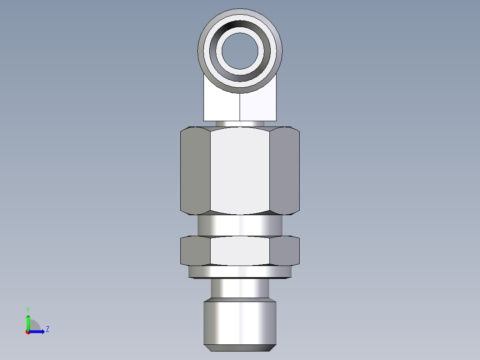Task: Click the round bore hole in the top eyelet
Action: point(240,48)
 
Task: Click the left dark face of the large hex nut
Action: point(195,170)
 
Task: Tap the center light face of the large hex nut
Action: point(240,170)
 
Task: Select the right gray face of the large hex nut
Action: point(285,170)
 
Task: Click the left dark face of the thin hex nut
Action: point(195,250)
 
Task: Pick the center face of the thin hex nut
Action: point(240,250)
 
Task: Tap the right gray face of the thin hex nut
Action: point(285,250)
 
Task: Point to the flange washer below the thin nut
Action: point(240,271)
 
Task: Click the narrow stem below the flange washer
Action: point(240,288)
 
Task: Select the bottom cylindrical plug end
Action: point(240,321)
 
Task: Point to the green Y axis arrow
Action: point(28,322)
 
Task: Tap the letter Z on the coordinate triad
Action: point(47,329)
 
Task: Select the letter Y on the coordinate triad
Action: point(28,310)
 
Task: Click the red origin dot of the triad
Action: point(28,332)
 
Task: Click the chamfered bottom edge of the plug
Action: point(240,348)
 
